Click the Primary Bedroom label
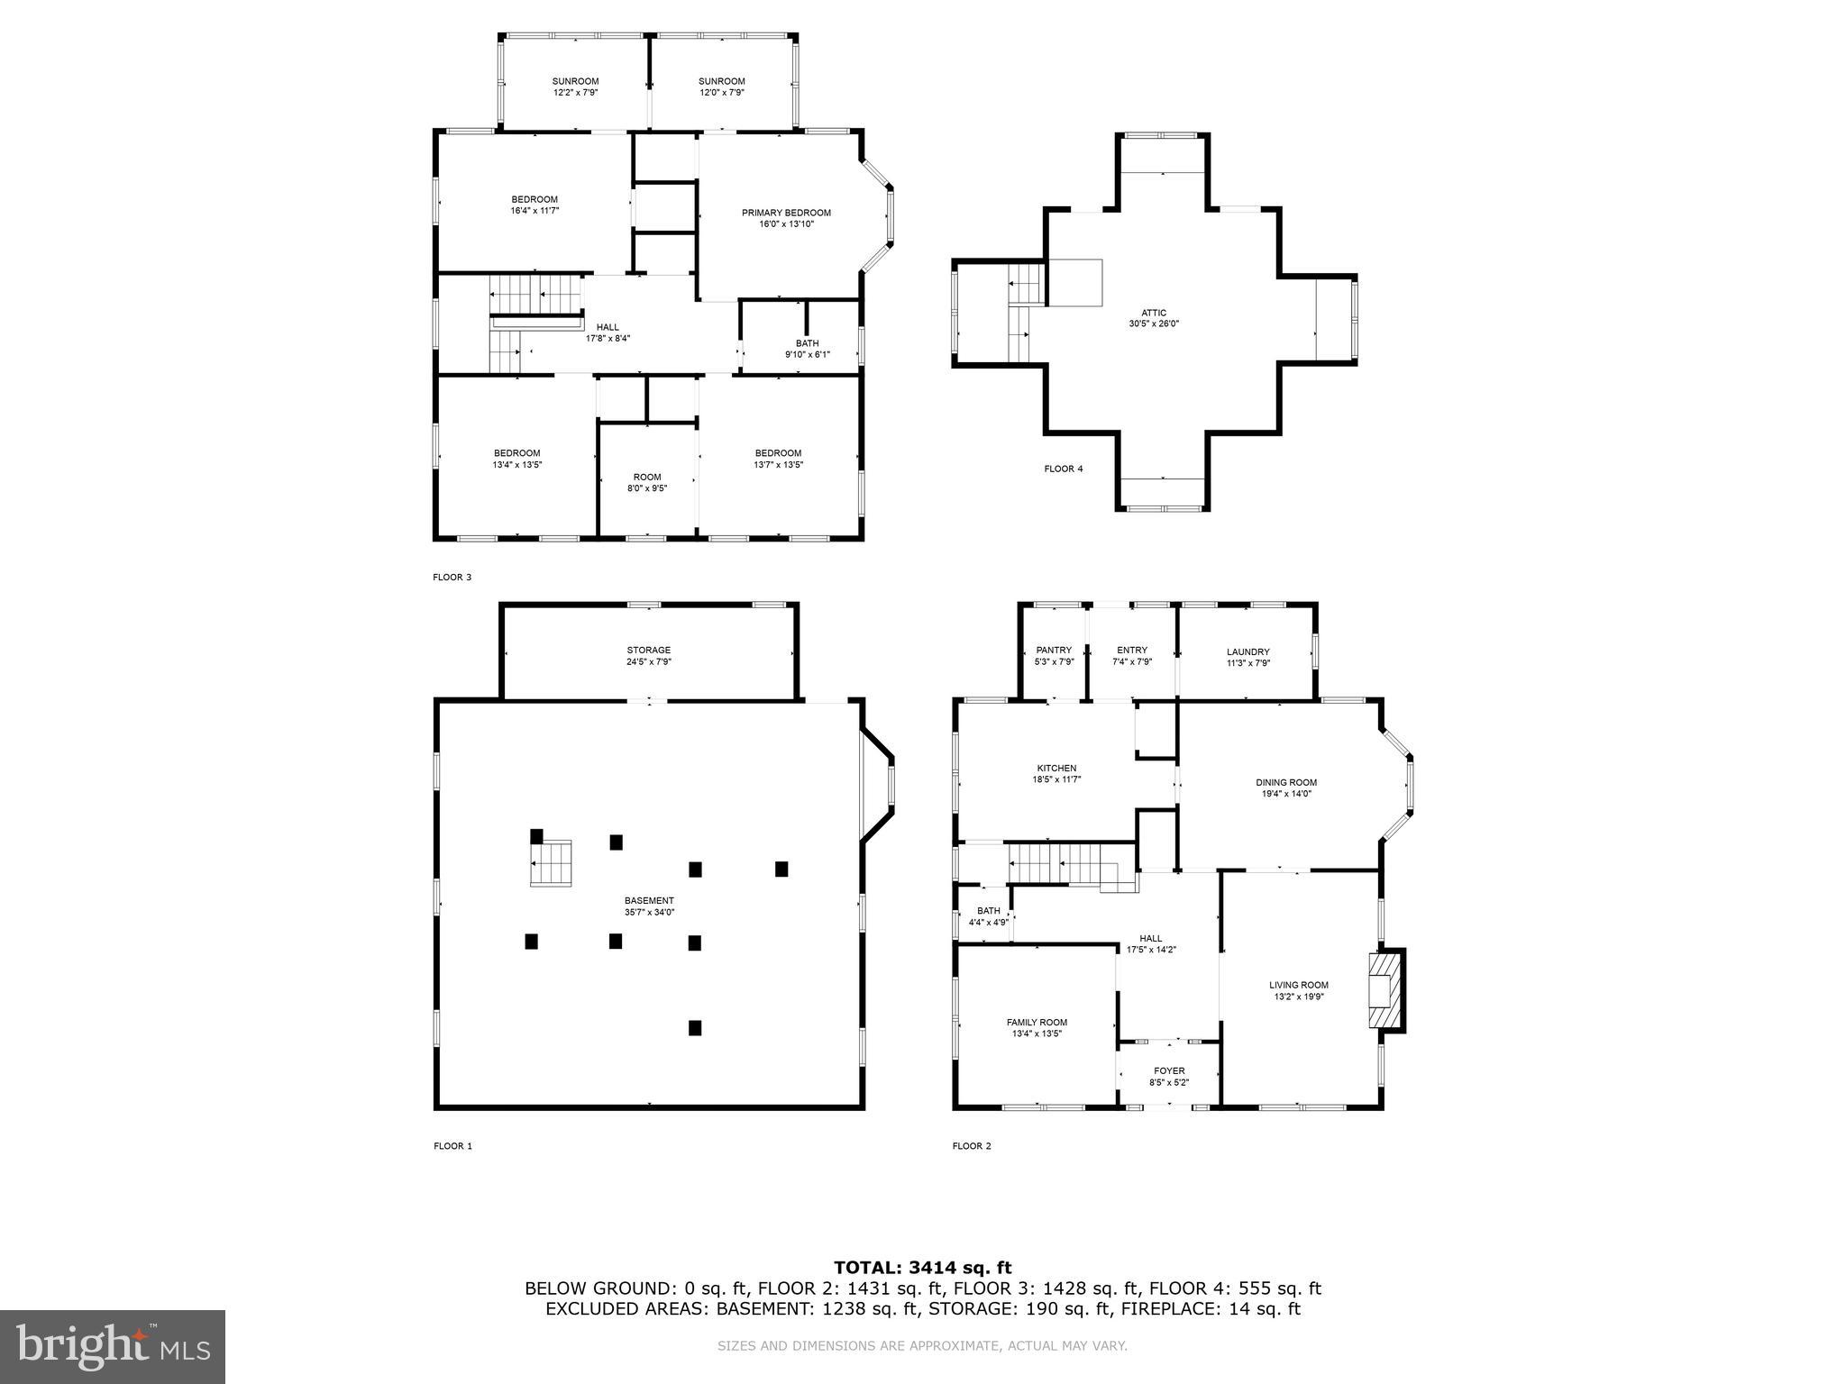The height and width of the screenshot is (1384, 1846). [786, 214]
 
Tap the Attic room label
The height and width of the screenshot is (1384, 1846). [1153, 314]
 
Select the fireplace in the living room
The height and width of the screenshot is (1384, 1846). [1384, 990]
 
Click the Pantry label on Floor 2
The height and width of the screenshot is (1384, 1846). [1054, 651]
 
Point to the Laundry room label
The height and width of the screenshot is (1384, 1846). [1247, 652]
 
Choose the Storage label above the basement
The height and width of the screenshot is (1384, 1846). [649, 651]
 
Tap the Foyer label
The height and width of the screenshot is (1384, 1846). [1169, 1071]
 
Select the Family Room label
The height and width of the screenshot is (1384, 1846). [1037, 1023]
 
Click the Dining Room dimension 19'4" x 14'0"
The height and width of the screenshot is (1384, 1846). [1286, 794]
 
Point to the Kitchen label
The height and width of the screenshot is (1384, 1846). [1056, 769]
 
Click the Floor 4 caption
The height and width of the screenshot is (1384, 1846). [1064, 469]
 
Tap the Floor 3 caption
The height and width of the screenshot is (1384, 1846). [452, 578]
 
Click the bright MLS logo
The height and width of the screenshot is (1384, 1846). [113, 1346]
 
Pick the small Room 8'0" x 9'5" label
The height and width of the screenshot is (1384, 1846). [647, 478]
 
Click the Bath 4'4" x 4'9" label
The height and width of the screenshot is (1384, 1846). [988, 911]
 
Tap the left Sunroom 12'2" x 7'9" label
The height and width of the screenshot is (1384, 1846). [575, 82]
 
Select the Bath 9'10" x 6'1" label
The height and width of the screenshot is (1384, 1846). [807, 343]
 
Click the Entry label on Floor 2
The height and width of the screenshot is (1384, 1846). [1132, 651]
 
